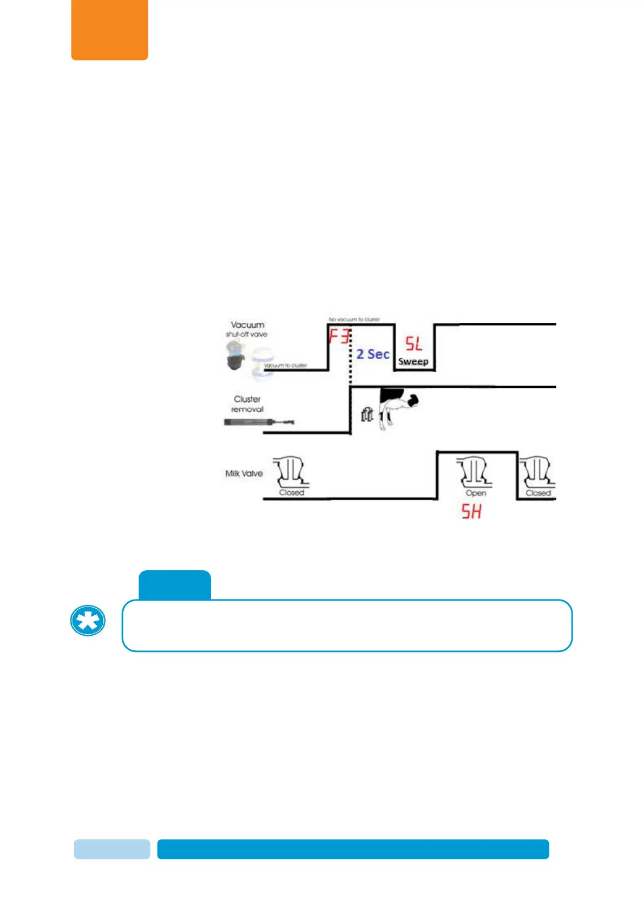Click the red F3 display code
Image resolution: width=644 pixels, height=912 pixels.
339,337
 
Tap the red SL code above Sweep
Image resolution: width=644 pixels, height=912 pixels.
414,344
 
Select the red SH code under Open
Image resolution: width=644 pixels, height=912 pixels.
471,511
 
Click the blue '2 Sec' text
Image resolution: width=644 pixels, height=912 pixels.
373,354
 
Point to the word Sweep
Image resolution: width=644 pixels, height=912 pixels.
413,361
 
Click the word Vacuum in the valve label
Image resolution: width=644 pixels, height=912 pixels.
248,325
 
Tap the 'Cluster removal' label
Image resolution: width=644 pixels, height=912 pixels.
247,404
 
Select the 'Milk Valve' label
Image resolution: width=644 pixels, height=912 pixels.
244,473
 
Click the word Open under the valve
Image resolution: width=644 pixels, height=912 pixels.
476,493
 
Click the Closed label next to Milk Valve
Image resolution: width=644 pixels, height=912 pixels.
292,492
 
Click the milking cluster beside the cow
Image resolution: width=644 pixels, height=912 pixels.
367,415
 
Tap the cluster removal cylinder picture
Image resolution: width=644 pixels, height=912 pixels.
259,422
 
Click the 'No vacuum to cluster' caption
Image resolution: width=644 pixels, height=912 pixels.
354,320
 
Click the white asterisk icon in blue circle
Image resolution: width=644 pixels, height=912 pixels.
88,621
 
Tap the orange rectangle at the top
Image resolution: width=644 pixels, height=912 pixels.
110,29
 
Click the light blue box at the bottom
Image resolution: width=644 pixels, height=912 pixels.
112,849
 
